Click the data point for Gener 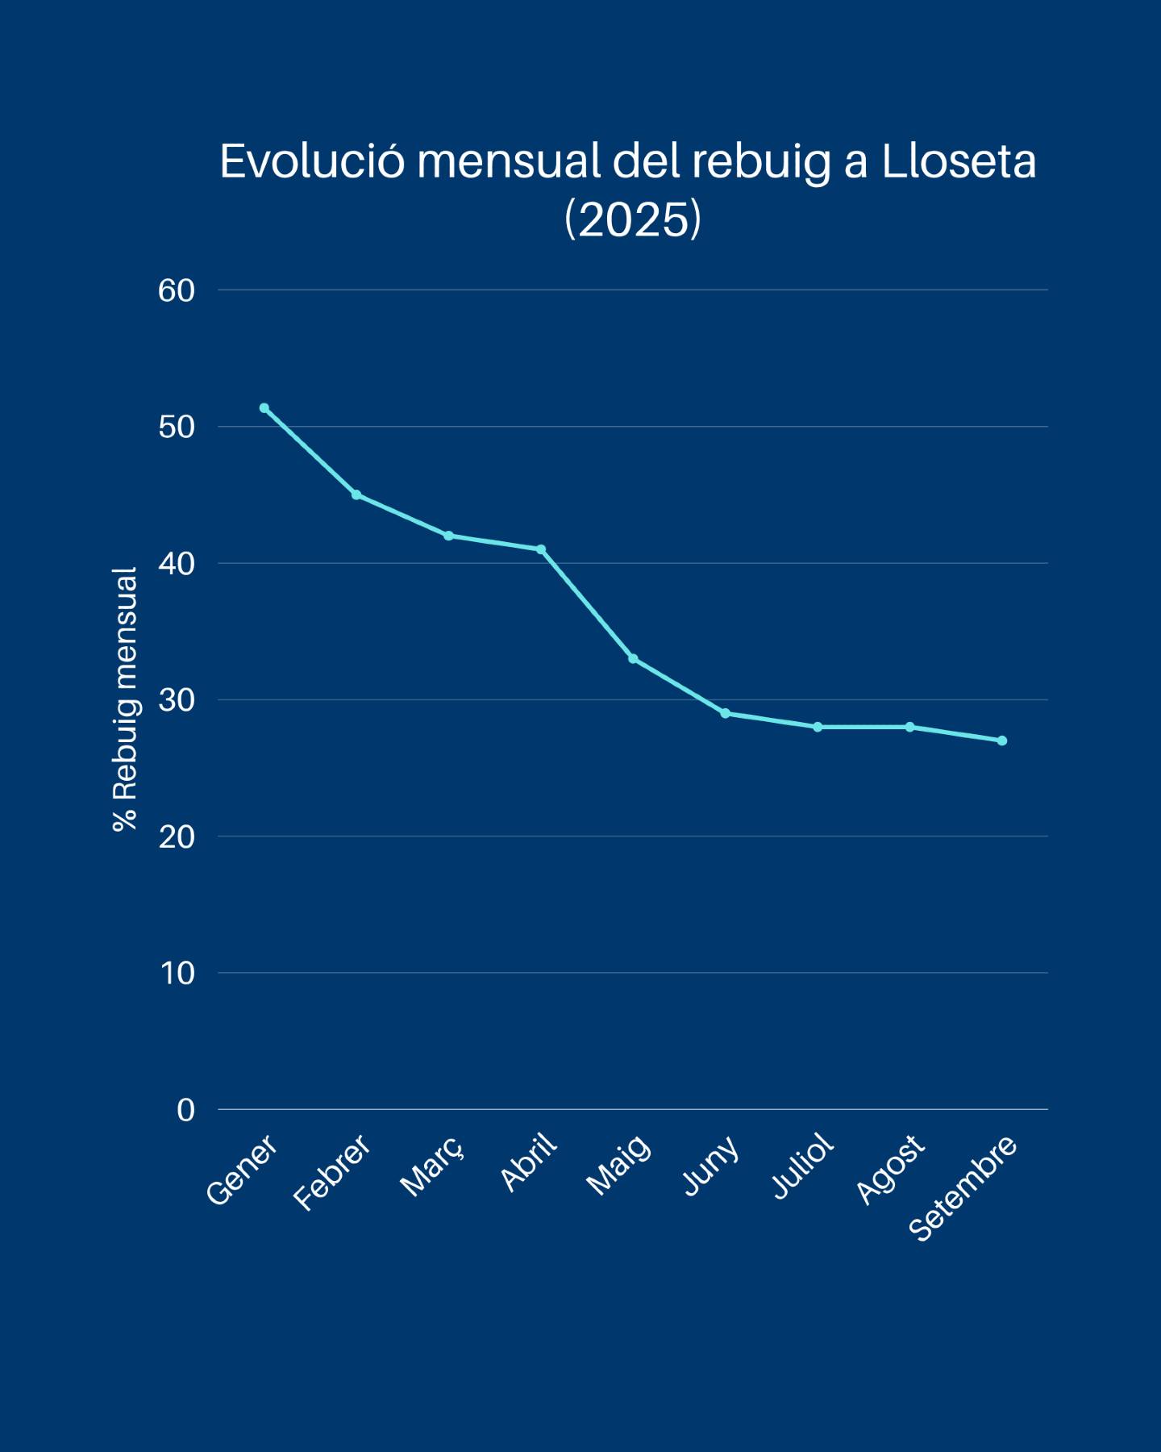pos(264,408)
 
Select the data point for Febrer pos(356,494)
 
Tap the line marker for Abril pos(541,549)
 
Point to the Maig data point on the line pos(633,659)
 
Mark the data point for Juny pos(726,713)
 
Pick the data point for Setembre pos(1002,741)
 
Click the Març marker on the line pos(448,536)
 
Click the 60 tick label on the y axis pos(177,290)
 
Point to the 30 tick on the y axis pos(177,700)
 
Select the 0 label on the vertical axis pos(185,1110)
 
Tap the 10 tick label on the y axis pos(177,974)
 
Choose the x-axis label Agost pos(890,1170)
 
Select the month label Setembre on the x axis pos(963,1188)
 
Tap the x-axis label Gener pos(242,1170)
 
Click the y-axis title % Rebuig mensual pos(125,699)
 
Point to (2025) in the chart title pos(633,219)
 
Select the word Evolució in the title pos(311,162)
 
